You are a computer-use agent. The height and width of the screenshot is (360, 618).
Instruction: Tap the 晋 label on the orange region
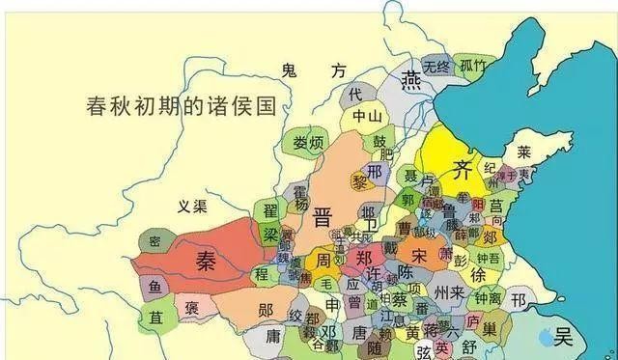coord(322,217)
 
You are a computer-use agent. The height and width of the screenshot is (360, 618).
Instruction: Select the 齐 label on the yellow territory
coord(463,172)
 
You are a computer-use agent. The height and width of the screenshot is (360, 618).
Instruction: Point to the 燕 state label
coord(412,78)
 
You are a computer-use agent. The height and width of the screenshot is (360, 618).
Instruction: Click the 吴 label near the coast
coord(563,337)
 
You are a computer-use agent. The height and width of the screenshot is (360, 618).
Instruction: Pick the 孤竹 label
coord(473,66)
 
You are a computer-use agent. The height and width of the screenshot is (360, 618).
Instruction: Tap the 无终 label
coord(435,66)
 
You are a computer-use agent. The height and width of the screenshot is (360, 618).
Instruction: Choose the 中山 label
coord(366,117)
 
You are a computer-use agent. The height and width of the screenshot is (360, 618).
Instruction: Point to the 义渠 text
coord(192,206)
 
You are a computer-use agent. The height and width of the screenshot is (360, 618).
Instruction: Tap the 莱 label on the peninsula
coord(524,152)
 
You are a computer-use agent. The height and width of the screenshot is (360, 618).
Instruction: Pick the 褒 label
coord(192,308)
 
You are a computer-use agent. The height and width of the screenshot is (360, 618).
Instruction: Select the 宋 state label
coord(418,256)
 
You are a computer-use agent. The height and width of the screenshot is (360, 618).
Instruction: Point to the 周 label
coord(323,262)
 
